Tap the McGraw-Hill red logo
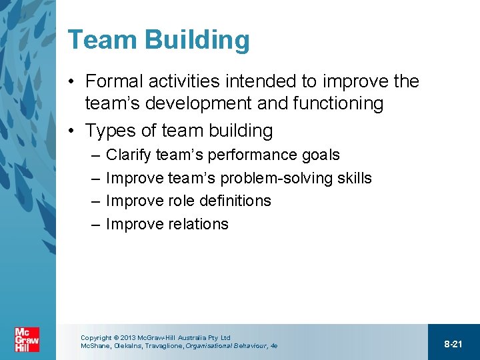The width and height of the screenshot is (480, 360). click(27, 340)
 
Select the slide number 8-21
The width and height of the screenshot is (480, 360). click(453, 344)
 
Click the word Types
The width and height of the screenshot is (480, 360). click(110, 131)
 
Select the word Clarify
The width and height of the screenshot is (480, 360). click(129, 155)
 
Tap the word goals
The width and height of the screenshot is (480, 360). click(320, 155)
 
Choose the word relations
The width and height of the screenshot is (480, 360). click(199, 224)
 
